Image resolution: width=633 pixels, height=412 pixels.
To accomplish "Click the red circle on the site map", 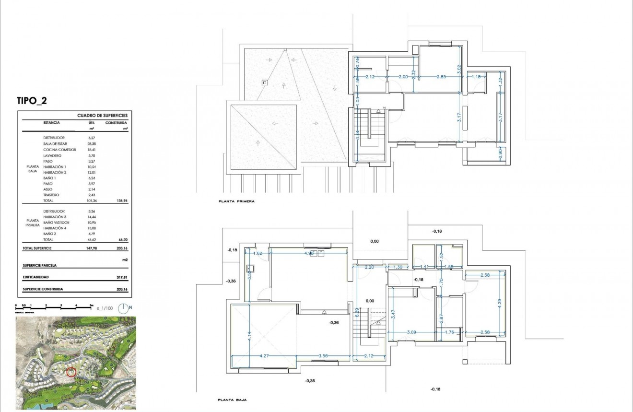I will (x=71, y=372).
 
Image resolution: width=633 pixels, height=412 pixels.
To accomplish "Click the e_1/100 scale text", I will (x=105, y=309).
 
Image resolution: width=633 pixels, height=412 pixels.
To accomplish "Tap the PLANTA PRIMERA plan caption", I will (x=236, y=202).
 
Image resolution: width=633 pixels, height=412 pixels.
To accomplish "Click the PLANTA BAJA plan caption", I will (x=232, y=400).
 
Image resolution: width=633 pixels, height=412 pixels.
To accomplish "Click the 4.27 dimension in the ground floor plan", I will (x=264, y=356).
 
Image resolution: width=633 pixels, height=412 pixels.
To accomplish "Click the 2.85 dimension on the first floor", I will (x=441, y=77).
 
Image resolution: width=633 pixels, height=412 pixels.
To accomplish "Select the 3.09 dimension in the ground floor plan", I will (x=411, y=332).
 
